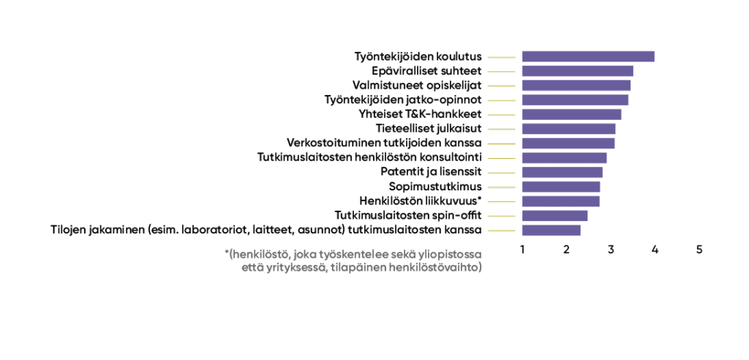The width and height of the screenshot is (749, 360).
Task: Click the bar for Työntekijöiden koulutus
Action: tap(588, 56)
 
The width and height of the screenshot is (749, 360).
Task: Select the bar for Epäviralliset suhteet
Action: tap(578, 71)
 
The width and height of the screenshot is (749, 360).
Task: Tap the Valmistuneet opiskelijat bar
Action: tap(576, 86)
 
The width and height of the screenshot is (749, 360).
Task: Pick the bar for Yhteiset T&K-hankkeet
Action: tap(572, 114)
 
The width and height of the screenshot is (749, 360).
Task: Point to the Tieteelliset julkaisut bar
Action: tap(569, 129)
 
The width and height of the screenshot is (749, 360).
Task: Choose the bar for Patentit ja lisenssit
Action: tap(562, 172)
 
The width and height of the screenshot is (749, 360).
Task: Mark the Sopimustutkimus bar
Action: tap(561, 187)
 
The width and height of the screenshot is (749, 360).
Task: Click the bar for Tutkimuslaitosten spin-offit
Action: tap(554, 216)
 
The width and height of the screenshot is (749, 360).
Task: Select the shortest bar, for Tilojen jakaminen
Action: tap(552, 230)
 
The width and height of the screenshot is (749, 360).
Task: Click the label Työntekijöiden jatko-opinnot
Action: tap(403, 100)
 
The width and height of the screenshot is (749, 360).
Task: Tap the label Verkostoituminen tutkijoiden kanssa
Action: tap(384, 143)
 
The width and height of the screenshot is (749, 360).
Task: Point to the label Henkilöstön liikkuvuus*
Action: tap(420, 200)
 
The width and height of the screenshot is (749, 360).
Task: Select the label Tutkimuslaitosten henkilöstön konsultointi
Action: tap(369, 157)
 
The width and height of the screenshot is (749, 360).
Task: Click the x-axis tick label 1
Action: tap(522, 250)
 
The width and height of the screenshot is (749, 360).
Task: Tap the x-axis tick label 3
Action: tap(611, 250)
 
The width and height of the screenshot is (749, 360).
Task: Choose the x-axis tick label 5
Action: tap(699, 250)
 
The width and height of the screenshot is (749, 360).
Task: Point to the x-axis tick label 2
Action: tap(567, 250)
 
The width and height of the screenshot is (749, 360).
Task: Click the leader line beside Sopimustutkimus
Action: tap(502, 187)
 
